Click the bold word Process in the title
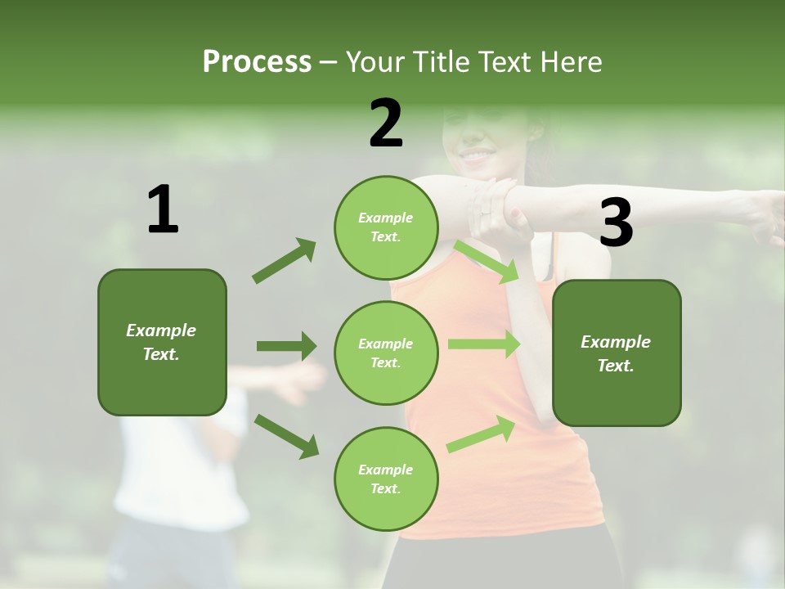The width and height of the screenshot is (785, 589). point(257,61)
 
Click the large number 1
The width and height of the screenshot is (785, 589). point(163,209)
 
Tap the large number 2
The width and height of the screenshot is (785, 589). point(386,124)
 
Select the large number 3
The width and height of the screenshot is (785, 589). point(616,223)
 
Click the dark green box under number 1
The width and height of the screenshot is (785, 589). point(162,342)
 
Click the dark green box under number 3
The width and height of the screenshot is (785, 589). point(617,353)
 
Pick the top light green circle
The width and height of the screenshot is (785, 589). point(386,227)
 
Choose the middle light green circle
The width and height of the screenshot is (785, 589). point(386,353)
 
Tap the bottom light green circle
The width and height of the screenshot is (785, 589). point(386,479)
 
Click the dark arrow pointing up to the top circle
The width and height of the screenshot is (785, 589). point(285,261)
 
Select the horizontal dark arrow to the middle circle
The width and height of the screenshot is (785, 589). point(286,346)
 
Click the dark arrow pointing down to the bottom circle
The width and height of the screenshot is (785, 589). point(286,436)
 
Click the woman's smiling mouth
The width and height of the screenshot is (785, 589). point(476,154)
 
